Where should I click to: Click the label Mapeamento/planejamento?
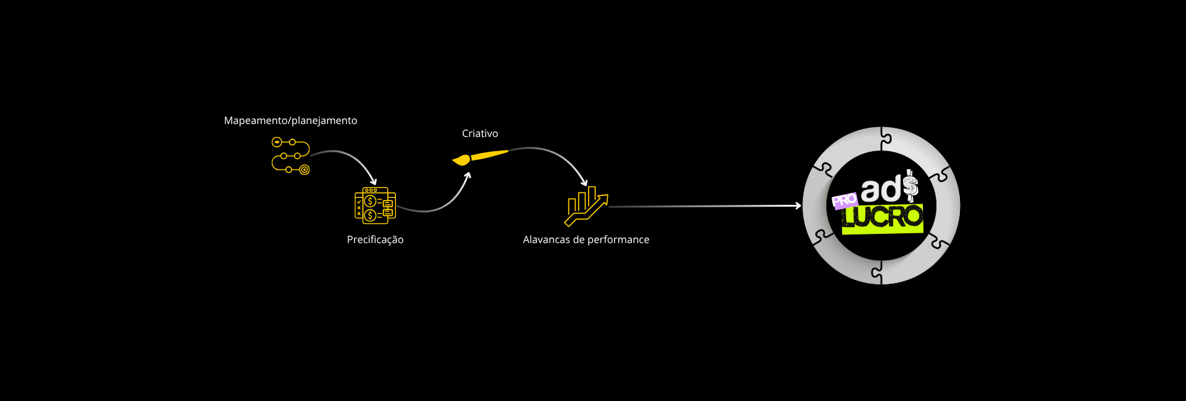(290, 121)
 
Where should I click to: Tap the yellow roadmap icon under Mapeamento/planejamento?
(290, 155)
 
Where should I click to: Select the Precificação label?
(375, 240)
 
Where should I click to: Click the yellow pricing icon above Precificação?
(375, 205)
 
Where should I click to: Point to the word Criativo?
(480, 134)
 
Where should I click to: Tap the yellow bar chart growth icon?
(586, 206)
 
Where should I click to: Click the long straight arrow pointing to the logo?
(704, 206)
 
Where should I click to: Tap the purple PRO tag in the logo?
(844, 200)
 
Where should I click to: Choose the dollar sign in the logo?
(911, 186)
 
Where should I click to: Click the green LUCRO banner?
(882, 218)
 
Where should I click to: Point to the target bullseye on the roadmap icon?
(305, 170)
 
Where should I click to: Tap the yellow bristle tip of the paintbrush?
(460, 161)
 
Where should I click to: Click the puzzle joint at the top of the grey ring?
(885, 139)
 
